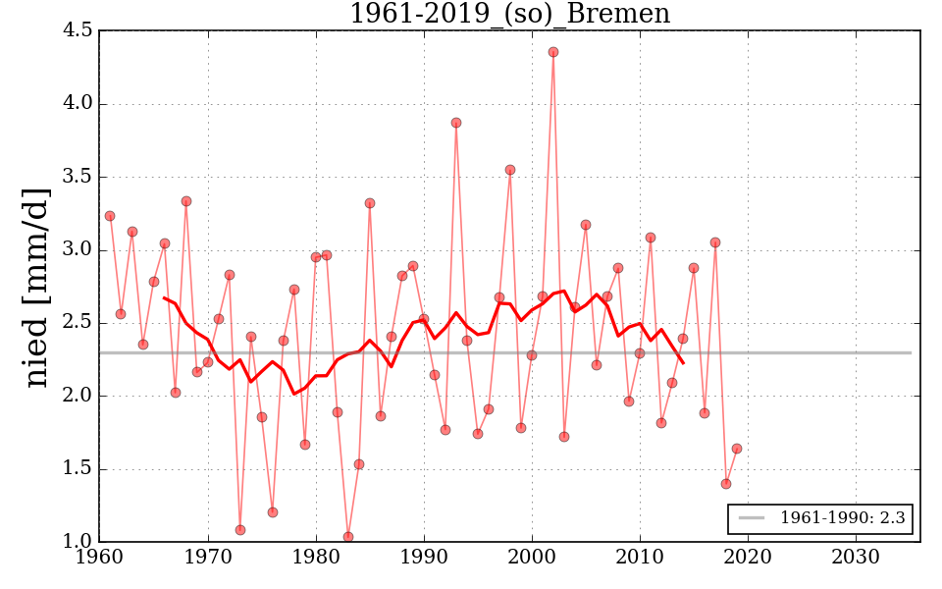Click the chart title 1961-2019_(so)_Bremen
(509, 14)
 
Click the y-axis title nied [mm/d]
(37, 287)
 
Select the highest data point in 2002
(553, 52)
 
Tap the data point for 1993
(456, 123)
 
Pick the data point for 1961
(110, 216)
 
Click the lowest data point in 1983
(348, 537)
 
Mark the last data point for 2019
(737, 449)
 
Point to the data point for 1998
(510, 170)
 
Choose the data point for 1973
(240, 530)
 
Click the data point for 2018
(726, 484)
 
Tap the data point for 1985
(370, 203)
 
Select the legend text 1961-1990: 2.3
(842, 517)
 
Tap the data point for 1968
(186, 201)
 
